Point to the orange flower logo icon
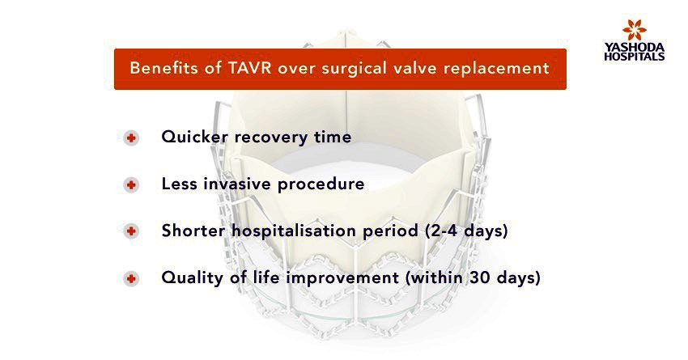[x=634, y=30]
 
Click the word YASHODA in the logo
[x=634, y=47]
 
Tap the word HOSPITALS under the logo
[x=634, y=56]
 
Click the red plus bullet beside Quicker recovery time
[x=131, y=138]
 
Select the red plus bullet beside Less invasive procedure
[x=131, y=185]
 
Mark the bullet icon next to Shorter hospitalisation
[x=131, y=231]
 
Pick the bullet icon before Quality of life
[x=131, y=278]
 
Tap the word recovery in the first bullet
[x=270, y=138]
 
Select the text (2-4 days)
[x=466, y=231]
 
